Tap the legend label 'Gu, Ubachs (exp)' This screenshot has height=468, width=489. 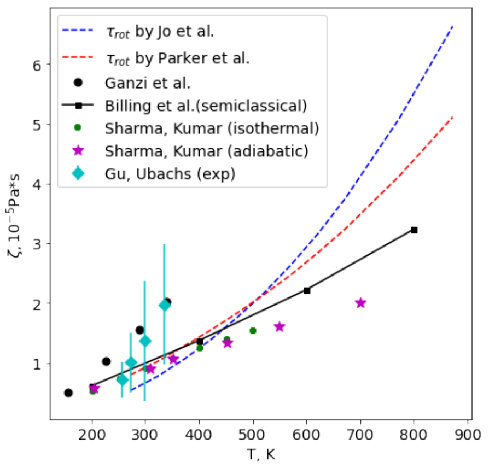169,174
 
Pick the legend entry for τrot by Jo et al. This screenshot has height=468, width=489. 159,31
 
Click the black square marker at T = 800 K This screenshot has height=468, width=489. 414,230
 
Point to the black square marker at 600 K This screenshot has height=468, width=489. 307,290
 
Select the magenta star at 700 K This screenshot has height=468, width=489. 360,303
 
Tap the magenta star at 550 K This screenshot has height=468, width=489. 280,326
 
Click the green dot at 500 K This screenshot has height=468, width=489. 253,331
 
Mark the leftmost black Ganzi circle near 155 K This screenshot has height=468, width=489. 68,393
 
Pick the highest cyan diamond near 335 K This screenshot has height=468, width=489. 164,306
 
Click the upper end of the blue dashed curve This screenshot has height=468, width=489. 453,26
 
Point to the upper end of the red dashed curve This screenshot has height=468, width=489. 453,116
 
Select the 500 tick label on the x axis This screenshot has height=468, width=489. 253,431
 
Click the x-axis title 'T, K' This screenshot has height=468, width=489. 260,453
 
